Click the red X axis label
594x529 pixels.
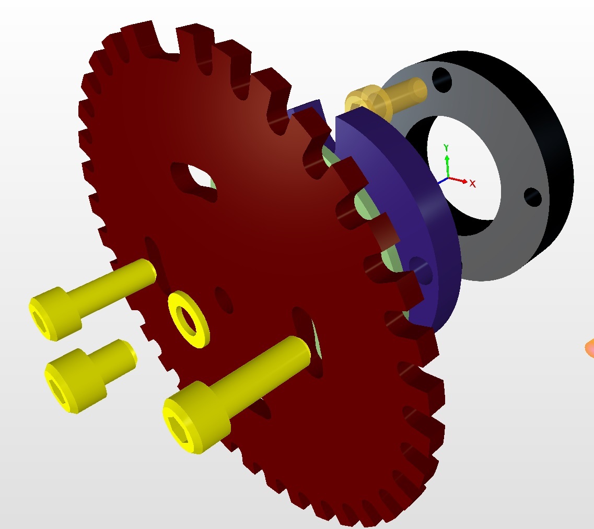coord(472,184)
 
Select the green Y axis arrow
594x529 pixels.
coord(447,166)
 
